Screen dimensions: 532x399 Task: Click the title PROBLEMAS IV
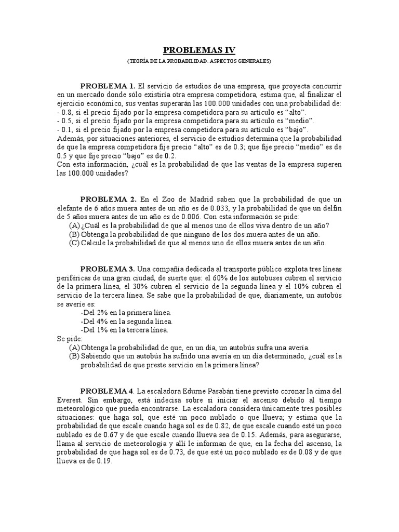(x=199, y=50)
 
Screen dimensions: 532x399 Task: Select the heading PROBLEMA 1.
(x=108, y=85)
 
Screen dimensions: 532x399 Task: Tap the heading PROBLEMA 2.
(x=108, y=199)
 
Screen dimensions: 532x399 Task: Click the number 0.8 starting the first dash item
(x=65, y=112)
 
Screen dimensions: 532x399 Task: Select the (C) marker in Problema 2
(x=74, y=242)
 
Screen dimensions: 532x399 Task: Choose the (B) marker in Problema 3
(x=74, y=356)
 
